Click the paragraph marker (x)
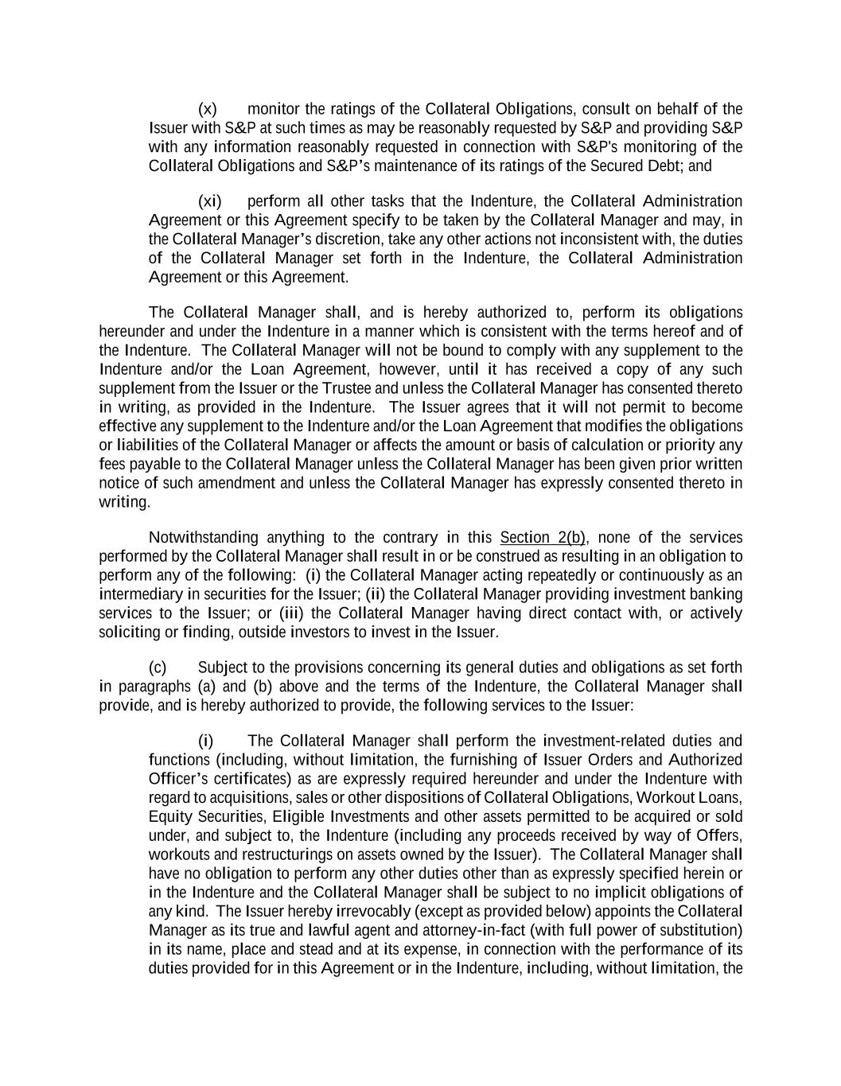(207, 109)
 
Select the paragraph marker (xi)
(210, 201)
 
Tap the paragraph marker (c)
(158, 668)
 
